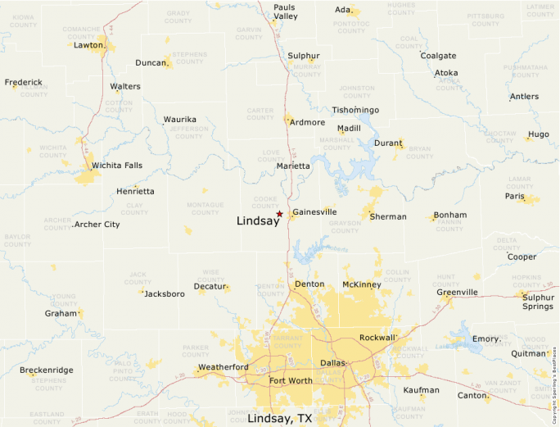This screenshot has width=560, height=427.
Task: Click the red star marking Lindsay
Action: [x=279, y=214]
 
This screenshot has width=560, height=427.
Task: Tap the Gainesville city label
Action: [x=314, y=211]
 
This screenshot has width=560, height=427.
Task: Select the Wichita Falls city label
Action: [x=116, y=165]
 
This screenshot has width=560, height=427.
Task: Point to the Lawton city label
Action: [x=88, y=45]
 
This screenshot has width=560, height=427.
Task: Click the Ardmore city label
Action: [x=308, y=122]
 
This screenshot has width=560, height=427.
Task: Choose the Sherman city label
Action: [x=387, y=216]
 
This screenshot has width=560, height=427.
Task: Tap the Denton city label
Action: [x=309, y=284]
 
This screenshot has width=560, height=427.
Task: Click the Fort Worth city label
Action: [x=290, y=380]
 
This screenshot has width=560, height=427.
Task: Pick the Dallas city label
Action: [x=333, y=362]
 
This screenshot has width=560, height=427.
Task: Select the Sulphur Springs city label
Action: [x=538, y=302]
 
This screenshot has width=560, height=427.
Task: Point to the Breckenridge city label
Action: [x=46, y=370]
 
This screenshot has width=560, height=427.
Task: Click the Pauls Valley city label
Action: [x=285, y=11]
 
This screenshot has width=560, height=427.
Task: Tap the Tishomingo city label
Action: [x=355, y=110]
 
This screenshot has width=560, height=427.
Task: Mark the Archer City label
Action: [x=97, y=224]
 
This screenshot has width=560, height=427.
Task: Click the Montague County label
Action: [x=205, y=208]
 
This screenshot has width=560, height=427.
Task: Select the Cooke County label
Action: [x=265, y=202]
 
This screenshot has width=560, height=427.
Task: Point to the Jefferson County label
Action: [x=190, y=132]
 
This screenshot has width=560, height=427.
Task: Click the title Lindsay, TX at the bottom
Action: [x=279, y=418]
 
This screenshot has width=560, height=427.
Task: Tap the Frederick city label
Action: [x=23, y=82]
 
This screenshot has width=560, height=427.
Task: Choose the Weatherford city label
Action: [x=224, y=366]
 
